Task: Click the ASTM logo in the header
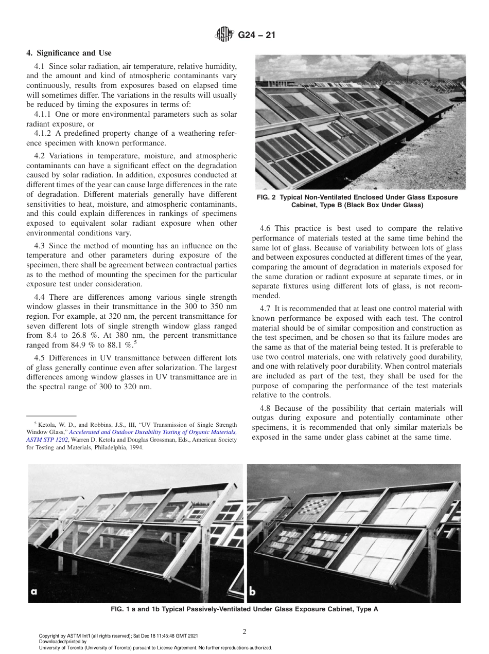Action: [224, 35]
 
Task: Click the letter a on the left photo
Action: [34, 591]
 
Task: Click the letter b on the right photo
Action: [253, 591]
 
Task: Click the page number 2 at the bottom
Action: [244, 632]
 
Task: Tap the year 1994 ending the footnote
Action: [136, 448]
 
